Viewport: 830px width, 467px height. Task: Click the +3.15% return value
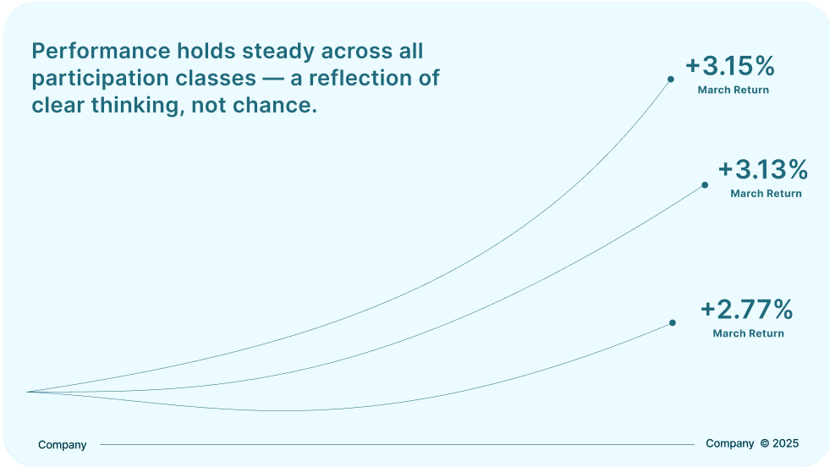pos(730,66)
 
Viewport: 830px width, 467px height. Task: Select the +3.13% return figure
pos(763,169)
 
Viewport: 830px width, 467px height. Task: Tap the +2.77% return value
pos(746,309)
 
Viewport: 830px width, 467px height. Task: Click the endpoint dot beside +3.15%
pos(671,80)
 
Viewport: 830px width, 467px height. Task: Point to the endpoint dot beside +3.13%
pos(705,185)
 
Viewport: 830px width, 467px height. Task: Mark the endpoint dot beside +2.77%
pos(673,323)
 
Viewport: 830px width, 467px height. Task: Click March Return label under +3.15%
pos(734,90)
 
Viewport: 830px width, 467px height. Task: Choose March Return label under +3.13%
pos(766,194)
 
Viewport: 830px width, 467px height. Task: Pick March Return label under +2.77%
pos(748,333)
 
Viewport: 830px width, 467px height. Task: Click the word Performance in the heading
pos(101,52)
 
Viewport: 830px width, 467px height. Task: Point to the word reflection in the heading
pos(360,79)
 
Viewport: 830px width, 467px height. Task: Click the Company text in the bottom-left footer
pos(62,445)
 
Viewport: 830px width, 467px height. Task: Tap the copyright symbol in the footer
pos(764,443)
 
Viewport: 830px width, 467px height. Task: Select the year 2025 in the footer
pos(785,443)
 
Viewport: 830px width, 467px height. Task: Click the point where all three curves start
pos(27,392)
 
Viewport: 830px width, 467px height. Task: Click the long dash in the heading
pos(273,80)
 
